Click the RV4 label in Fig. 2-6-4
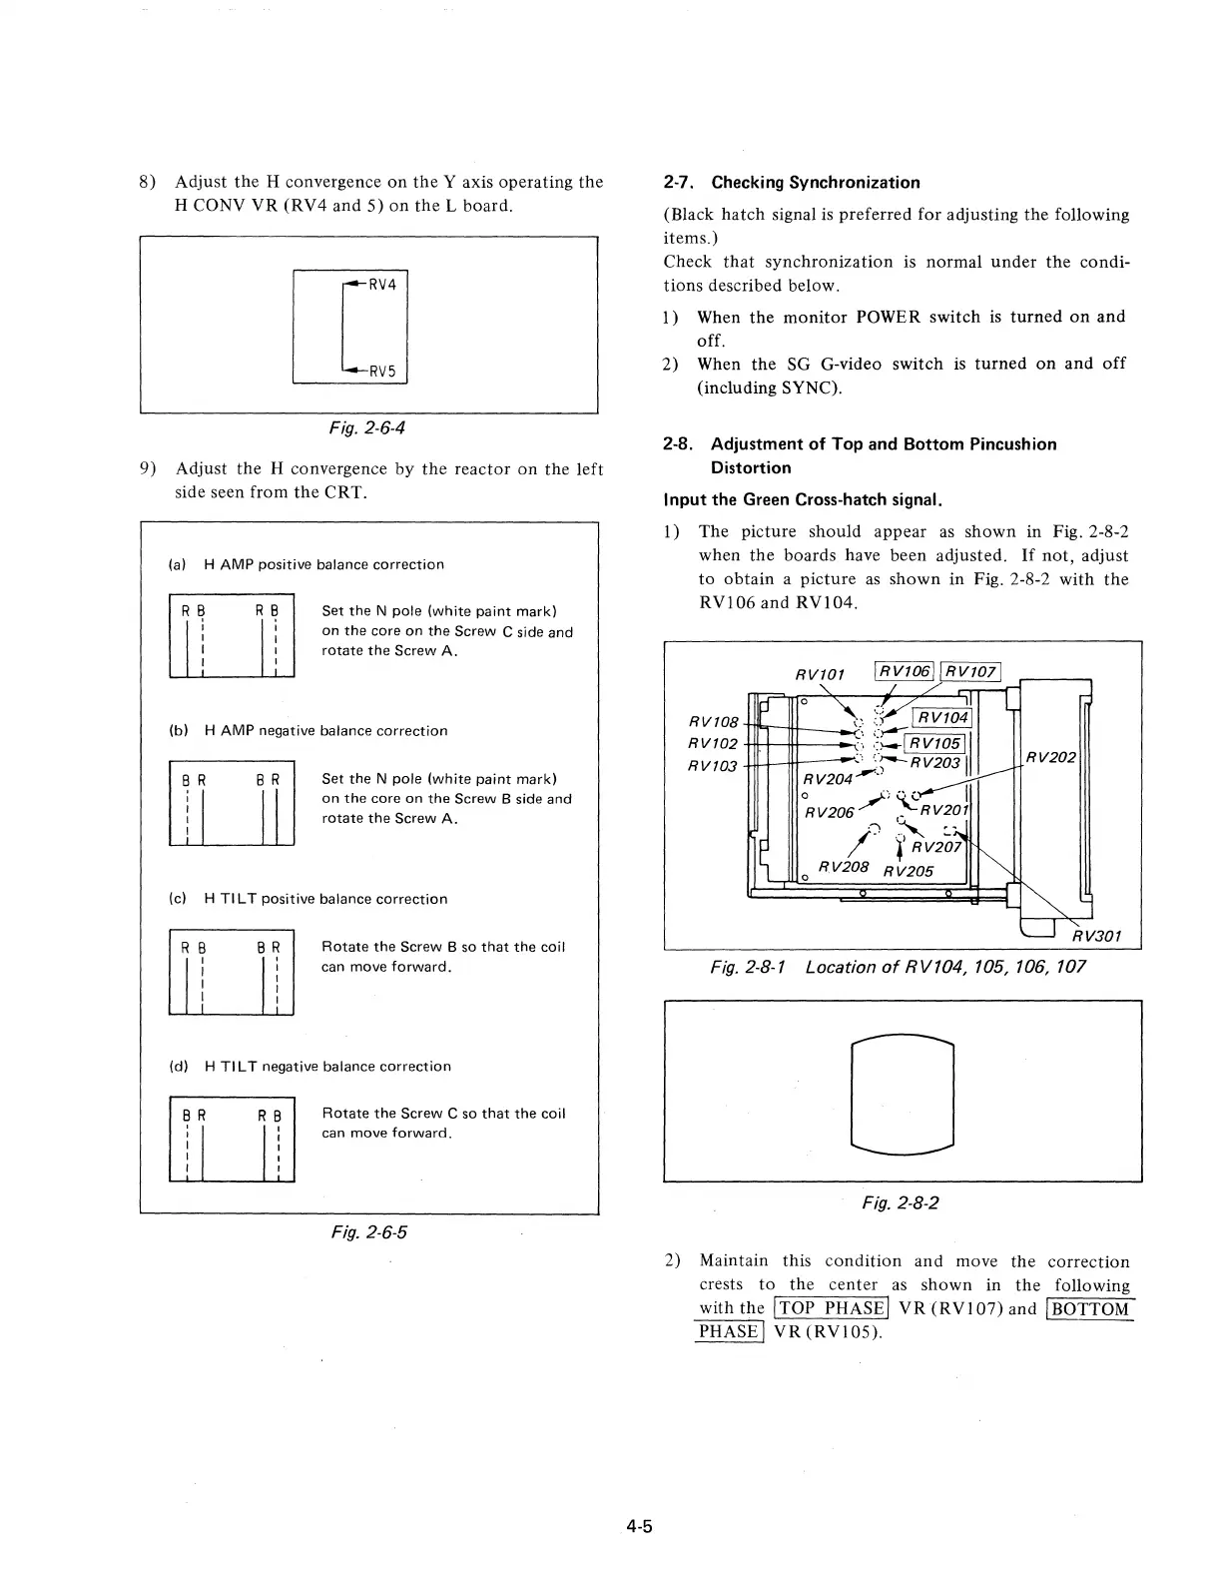tap(382, 285)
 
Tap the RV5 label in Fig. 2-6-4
tap(382, 372)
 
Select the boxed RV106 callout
tap(905, 671)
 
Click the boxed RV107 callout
tap(971, 671)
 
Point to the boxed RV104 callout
tap(942, 717)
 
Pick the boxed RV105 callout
tap(934, 743)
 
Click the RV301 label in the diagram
tap(1096, 936)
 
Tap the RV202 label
tap(1051, 757)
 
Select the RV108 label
tap(714, 721)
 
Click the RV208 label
tap(844, 866)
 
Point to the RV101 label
tap(820, 674)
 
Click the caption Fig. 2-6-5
tap(367, 1231)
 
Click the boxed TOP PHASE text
tap(832, 1308)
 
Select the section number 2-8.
tap(679, 444)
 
